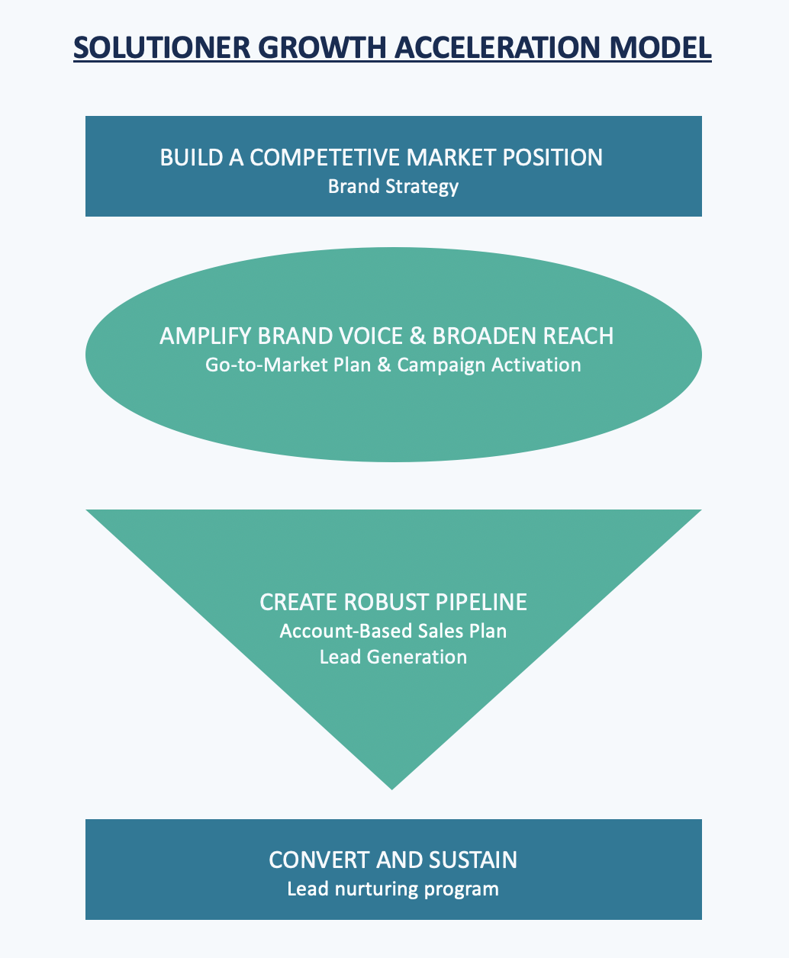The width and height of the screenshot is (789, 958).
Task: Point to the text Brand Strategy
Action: (x=393, y=186)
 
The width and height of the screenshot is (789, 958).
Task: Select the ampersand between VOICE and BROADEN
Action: (x=419, y=336)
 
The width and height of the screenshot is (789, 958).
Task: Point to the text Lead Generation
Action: (x=393, y=657)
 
